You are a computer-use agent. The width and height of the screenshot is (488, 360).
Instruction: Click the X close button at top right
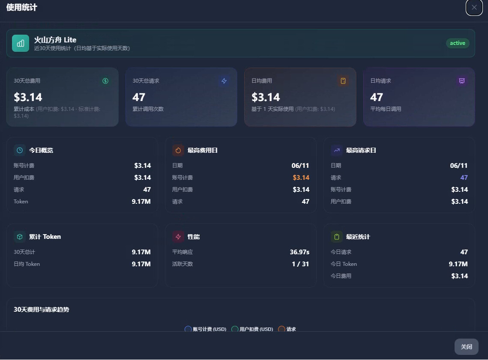tap(474, 7)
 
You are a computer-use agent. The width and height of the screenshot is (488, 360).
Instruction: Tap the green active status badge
tap(458, 43)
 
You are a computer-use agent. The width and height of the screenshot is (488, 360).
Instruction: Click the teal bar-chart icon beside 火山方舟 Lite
tap(21, 43)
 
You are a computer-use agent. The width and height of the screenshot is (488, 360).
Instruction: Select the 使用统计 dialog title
tap(22, 7)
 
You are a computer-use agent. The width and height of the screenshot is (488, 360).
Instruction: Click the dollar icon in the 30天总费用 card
tap(105, 81)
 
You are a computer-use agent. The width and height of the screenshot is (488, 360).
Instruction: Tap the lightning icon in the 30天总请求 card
tap(224, 81)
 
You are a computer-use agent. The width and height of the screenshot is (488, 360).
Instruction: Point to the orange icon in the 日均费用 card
tap(343, 81)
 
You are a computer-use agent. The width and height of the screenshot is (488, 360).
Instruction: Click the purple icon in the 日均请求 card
tap(462, 81)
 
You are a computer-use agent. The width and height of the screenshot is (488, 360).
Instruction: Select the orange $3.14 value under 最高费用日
tap(301, 178)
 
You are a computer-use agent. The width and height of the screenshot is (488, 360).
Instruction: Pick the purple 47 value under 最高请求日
tap(464, 178)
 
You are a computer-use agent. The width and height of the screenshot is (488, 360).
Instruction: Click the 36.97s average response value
tap(299, 252)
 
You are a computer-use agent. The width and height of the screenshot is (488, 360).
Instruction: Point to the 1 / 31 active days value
tap(300, 264)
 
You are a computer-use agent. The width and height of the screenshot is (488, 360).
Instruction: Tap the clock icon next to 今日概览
tap(20, 150)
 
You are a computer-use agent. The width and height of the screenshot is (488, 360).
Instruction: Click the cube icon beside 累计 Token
tap(20, 237)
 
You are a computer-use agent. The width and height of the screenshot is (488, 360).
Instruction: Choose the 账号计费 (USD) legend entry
tap(205, 329)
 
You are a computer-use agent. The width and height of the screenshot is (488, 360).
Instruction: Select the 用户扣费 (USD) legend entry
tap(252, 329)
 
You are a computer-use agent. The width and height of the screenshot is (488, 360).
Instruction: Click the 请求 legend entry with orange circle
tap(287, 329)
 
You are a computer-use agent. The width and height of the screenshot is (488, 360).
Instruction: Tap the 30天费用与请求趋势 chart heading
tap(42, 309)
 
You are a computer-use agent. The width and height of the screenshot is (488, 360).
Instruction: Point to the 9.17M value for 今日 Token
tap(458, 264)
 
